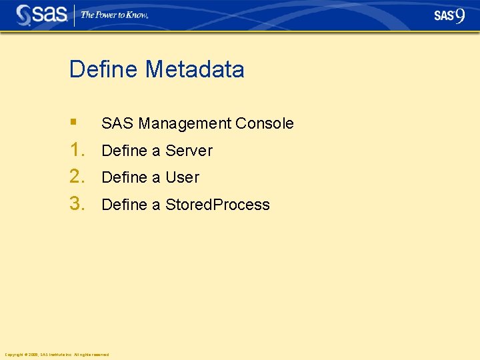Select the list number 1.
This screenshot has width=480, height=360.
(77, 150)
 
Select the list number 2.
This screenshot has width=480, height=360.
(77, 177)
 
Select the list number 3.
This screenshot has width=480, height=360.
(77, 204)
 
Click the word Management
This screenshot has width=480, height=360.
(185, 123)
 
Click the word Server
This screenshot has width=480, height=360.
(189, 151)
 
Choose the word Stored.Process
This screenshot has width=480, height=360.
(217, 205)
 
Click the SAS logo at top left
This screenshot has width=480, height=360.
(41, 15)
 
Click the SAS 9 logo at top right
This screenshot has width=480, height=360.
(449, 15)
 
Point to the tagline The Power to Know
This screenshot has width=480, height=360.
(114, 15)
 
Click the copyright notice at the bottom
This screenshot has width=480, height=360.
(57, 354)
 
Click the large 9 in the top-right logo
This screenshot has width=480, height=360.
(460, 15)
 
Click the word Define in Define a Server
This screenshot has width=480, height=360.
(124, 151)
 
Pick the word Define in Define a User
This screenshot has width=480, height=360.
(124, 177)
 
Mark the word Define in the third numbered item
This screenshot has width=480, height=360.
(124, 205)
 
